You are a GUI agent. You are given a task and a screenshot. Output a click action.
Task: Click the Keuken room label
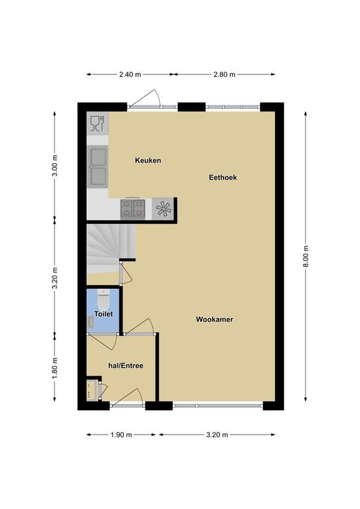(x=148, y=160)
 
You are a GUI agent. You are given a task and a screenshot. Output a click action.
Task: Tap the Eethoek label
(x=223, y=178)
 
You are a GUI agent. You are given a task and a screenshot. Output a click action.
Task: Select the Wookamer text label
(x=214, y=319)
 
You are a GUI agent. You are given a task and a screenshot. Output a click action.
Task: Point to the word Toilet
(x=103, y=314)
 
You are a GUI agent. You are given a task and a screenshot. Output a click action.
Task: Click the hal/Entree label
(x=125, y=366)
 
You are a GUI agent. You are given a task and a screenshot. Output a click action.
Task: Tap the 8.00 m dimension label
(x=306, y=256)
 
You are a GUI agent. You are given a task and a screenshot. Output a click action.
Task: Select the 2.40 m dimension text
(x=130, y=74)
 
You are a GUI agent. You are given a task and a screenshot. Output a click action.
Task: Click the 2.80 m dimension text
(x=224, y=74)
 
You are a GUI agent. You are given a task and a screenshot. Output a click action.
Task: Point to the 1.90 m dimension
(x=121, y=435)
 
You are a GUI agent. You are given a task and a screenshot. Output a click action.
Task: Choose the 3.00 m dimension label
(x=55, y=166)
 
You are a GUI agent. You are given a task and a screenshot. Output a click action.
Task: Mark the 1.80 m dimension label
(x=55, y=368)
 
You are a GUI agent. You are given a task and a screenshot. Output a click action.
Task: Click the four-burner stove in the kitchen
(x=133, y=209)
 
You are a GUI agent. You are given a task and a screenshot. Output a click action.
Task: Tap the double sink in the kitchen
(x=98, y=166)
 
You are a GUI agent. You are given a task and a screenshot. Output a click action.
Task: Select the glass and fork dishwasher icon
(x=97, y=123)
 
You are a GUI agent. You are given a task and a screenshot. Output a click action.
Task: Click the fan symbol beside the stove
(x=163, y=209)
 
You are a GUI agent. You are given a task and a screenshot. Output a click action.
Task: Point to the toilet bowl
(x=103, y=300)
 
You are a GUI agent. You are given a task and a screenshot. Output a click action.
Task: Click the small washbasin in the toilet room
(x=91, y=322)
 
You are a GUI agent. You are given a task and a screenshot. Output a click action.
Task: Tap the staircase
(x=110, y=249)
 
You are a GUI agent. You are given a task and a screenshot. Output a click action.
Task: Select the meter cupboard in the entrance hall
(x=92, y=389)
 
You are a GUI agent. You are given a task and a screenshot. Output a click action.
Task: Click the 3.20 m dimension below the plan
(x=217, y=435)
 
